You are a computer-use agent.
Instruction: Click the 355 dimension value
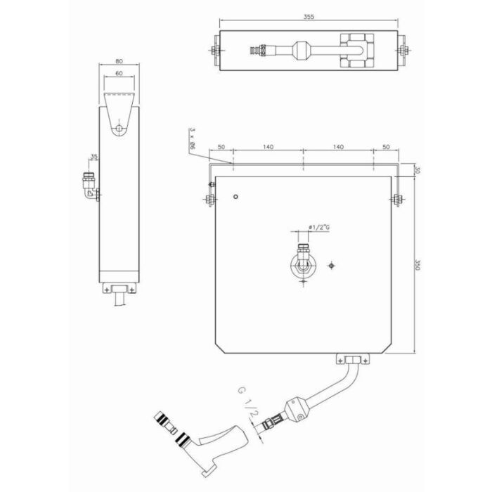coord(309,17)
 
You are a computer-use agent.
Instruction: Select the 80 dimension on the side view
coord(119,61)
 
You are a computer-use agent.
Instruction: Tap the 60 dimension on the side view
coord(119,73)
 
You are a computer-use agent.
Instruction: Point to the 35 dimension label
coord(93,156)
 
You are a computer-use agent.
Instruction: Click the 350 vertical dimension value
coord(417,264)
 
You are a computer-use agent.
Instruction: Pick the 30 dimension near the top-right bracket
coord(417,170)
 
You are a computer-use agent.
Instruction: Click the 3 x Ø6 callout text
coord(192,139)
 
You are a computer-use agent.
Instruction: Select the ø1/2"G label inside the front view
coord(319,227)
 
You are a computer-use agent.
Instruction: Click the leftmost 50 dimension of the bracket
coord(221,146)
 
